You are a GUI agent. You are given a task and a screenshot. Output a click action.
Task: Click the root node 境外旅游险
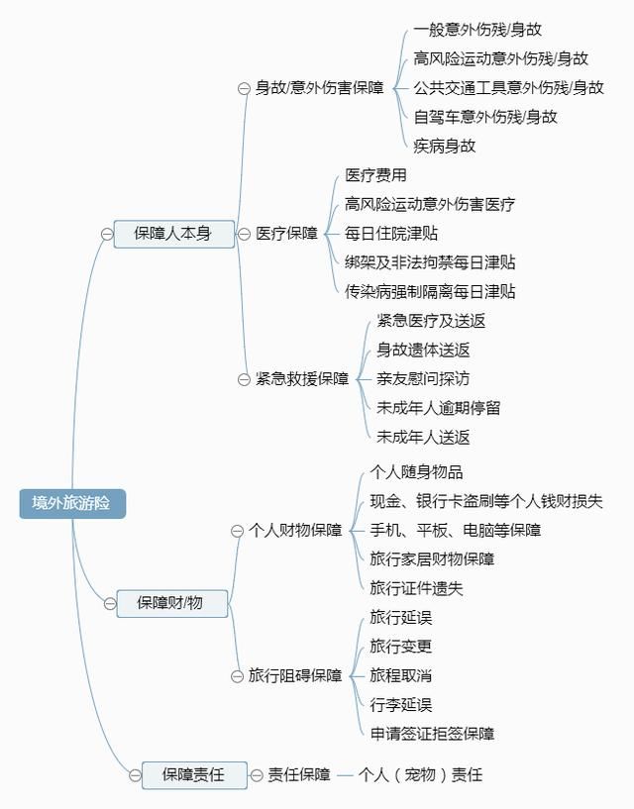[x=72, y=503]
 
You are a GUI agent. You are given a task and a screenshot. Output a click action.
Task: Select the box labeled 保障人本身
[x=174, y=234]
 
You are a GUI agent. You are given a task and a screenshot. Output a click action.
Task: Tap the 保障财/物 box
[x=172, y=603]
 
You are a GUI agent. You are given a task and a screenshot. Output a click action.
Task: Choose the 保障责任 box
[x=194, y=774]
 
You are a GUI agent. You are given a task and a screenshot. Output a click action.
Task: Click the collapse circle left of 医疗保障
[x=244, y=234]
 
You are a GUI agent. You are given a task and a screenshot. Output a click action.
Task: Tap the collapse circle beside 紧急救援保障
[x=244, y=379]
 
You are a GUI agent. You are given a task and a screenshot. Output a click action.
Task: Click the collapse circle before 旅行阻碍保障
[x=237, y=676]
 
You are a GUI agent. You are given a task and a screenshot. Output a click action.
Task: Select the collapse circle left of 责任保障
[x=257, y=775]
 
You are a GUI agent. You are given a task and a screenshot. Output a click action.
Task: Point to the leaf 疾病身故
[x=444, y=146]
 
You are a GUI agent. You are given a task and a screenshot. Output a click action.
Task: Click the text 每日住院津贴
[x=391, y=234]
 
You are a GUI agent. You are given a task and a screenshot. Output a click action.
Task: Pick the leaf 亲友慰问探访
[x=423, y=379]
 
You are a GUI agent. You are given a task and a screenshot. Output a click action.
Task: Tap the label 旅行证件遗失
[x=416, y=588]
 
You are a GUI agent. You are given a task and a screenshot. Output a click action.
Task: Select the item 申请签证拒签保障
[x=432, y=734]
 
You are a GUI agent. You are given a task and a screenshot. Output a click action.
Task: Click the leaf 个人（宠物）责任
[x=420, y=774]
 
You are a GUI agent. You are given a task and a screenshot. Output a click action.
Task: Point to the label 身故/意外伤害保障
[x=320, y=88]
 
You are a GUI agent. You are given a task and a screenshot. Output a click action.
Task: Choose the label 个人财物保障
[x=295, y=531]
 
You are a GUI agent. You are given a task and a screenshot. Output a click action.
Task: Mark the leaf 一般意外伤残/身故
[x=477, y=30]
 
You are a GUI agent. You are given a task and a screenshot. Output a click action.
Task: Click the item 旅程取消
[x=400, y=675]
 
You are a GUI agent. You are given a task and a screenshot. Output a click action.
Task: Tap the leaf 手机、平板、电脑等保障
[x=456, y=530]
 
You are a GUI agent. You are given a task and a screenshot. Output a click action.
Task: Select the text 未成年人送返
[x=423, y=438]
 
